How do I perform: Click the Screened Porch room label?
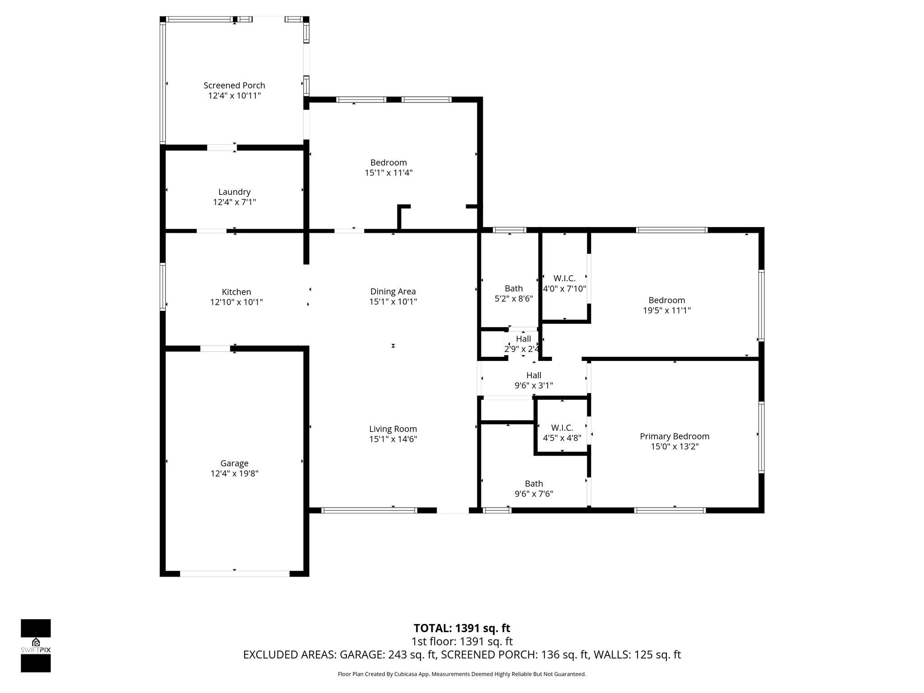tap(234, 85)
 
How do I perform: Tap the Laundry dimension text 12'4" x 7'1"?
tap(234, 202)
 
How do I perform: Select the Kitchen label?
tap(236, 292)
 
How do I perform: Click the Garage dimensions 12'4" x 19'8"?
tap(234, 473)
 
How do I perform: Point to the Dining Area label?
tap(393, 291)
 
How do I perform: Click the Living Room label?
tap(393, 429)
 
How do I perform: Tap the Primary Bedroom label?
tap(675, 436)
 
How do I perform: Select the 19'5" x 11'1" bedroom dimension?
tap(666, 310)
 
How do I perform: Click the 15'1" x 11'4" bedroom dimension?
tap(388, 173)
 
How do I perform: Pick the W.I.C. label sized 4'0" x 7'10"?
tap(564, 278)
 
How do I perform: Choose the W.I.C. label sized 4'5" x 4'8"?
tap(562, 428)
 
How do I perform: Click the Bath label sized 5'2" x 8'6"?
tap(513, 288)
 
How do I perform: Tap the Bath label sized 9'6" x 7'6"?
tap(534, 484)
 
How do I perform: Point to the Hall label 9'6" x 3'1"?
tap(534, 375)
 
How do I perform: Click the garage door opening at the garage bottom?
tap(235, 573)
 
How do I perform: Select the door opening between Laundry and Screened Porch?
tap(222, 148)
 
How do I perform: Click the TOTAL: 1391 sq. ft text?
tap(462, 628)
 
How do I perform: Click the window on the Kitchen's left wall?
tap(163, 287)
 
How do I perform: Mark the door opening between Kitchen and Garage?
tap(215, 348)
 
